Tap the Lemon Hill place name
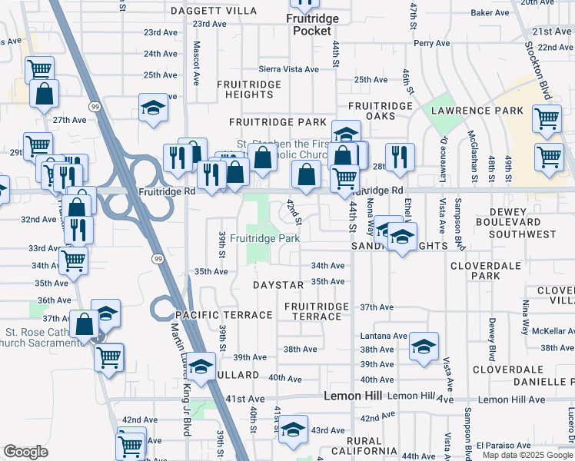point(353,396)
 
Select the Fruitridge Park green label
point(264,238)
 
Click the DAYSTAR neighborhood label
point(278,285)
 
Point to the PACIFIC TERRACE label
point(224,315)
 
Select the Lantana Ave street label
point(384,336)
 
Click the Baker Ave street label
point(491,13)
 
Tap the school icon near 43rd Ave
point(292,428)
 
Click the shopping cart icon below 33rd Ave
point(73,260)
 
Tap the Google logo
point(25,452)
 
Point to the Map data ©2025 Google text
point(527,455)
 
